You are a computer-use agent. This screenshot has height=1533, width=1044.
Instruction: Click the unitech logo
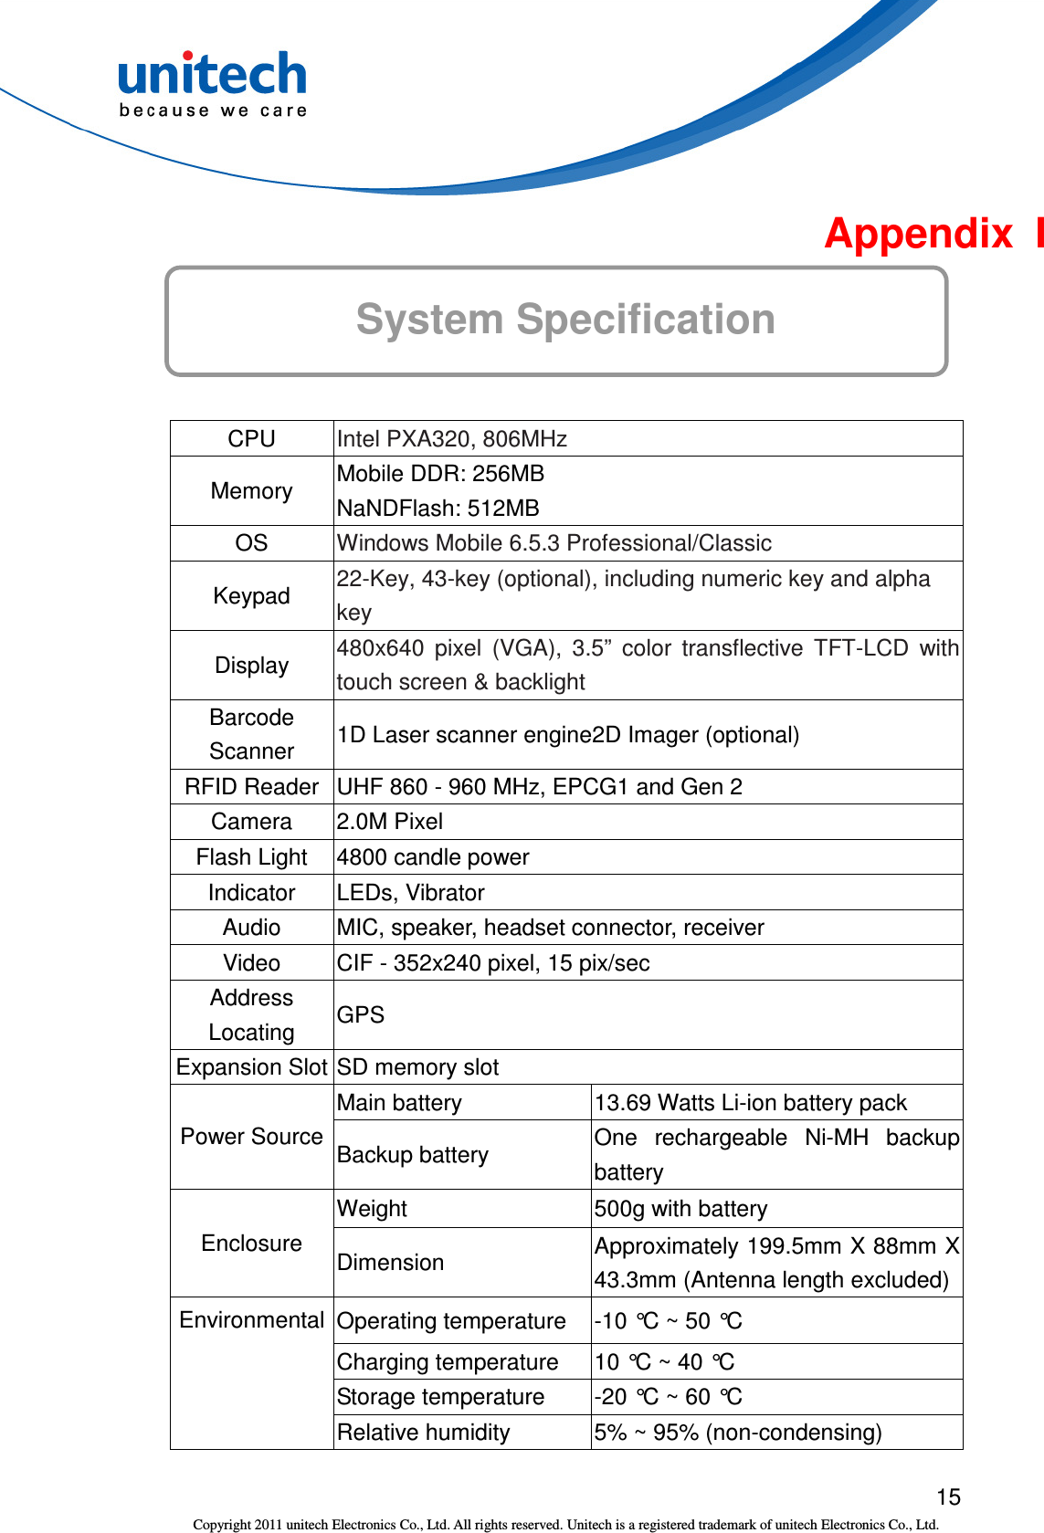click(213, 84)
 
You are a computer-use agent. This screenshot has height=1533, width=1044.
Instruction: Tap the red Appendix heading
click(932, 234)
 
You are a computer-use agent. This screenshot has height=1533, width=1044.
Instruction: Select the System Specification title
click(565, 320)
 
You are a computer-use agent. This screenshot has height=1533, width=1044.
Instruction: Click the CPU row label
click(251, 439)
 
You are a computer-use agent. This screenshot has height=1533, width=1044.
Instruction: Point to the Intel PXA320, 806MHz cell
click(452, 439)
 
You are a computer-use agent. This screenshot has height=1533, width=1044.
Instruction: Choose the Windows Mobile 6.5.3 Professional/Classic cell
click(554, 543)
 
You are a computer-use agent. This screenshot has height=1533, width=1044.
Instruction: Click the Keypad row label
click(251, 596)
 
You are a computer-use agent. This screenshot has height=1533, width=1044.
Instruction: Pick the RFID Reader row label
click(251, 787)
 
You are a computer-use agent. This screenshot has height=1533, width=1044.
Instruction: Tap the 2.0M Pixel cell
click(390, 822)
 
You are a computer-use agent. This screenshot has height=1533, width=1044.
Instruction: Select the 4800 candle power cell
click(433, 857)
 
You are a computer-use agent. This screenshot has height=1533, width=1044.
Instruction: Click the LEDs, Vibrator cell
click(411, 893)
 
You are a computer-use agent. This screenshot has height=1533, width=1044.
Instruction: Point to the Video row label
click(251, 963)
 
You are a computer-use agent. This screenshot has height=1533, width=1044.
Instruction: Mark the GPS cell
click(361, 1015)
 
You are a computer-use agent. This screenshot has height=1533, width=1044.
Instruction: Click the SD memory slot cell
click(418, 1067)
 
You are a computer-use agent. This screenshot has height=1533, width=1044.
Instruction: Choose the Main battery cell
click(399, 1103)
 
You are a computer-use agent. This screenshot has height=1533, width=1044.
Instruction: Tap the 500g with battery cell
click(680, 1209)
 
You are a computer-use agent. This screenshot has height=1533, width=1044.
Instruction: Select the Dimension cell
click(391, 1263)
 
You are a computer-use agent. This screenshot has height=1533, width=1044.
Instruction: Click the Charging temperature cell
click(448, 1362)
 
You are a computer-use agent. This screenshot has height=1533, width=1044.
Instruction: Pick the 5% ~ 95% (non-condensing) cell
click(738, 1433)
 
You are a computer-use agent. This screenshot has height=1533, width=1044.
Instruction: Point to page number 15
click(948, 1497)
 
